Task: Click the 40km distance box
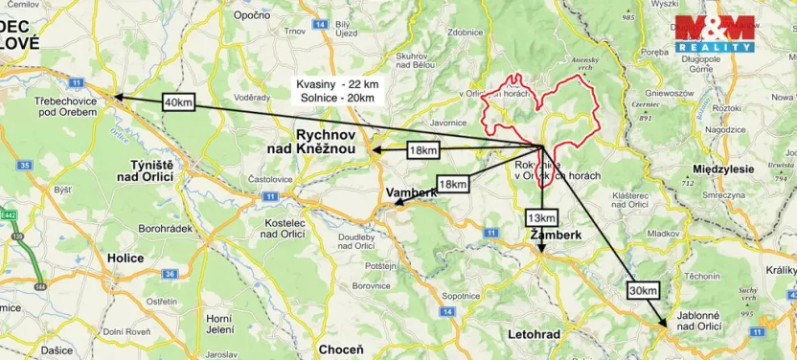(178, 101)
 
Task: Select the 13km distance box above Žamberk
(540, 217)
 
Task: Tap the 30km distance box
(644, 290)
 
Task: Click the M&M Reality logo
(715, 34)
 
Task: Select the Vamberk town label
(411, 192)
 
